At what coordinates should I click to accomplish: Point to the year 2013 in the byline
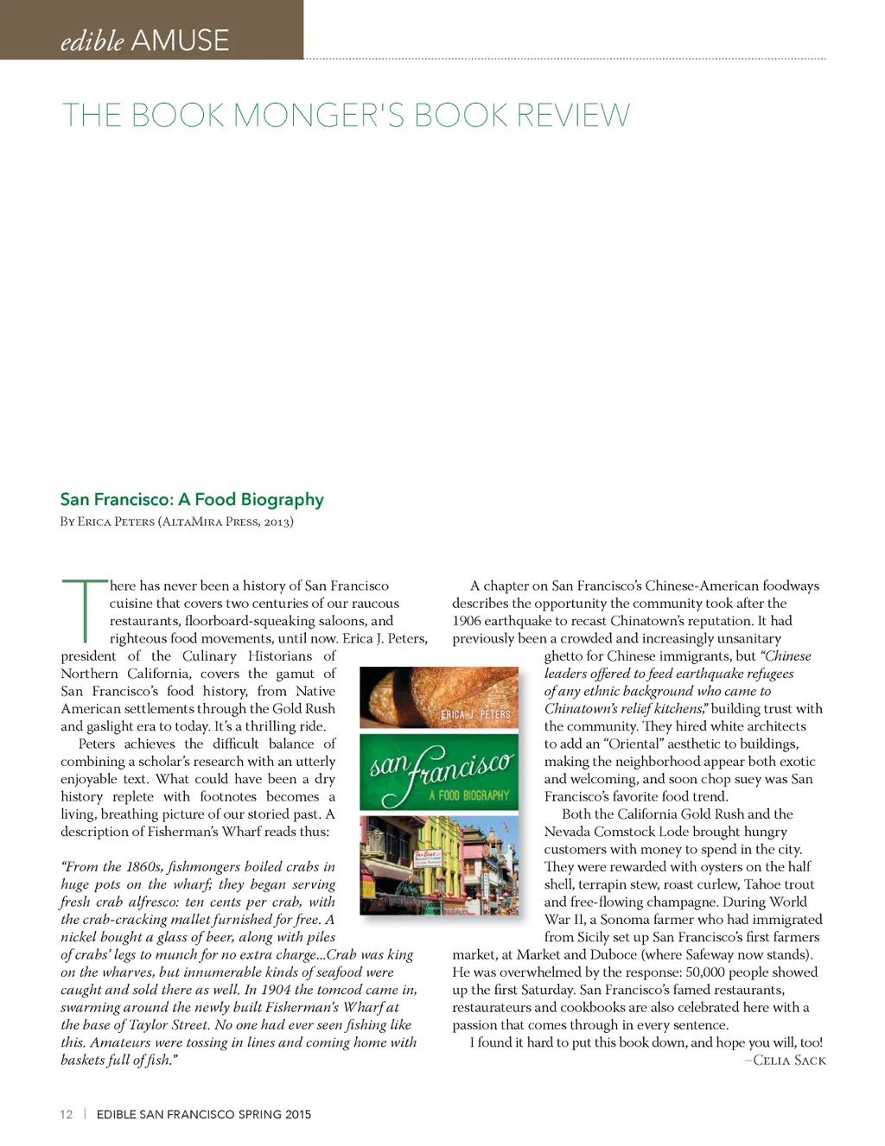tap(277, 522)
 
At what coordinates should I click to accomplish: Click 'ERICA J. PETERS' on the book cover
tap(475, 715)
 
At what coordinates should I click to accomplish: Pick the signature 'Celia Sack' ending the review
tap(789, 1061)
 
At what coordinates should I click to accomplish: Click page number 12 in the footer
tap(67, 1114)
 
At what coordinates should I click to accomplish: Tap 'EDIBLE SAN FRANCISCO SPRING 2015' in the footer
tap(203, 1114)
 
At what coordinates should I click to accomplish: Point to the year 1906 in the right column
tap(468, 621)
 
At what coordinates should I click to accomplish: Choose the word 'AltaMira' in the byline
tap(191, 522)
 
